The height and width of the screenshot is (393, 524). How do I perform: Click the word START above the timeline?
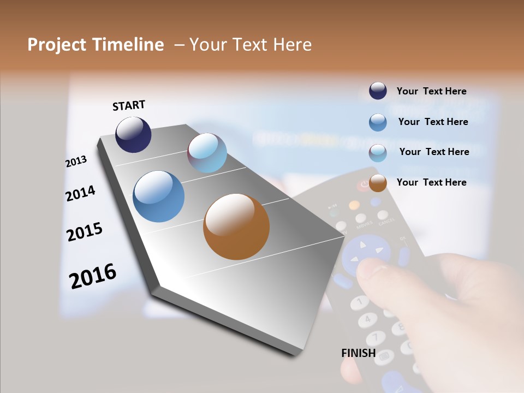click(129, 105)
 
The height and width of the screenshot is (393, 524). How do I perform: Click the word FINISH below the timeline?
click(358, 353)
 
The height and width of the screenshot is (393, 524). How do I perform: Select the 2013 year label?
click(76, 161)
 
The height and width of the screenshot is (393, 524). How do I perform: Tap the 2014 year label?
click(80, 193)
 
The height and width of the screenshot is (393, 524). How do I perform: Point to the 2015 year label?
click(84, 232)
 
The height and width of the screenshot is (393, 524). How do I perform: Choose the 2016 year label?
click(92, 276)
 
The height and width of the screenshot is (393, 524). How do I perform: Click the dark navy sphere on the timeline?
click(133, 134)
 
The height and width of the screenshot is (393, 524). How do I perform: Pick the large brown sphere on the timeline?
click(236, 226)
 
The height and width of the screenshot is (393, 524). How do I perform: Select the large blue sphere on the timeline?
click(159, 196)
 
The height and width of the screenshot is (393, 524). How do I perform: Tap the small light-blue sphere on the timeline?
click(207, 153)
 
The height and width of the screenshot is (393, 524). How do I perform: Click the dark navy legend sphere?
click(378, 91)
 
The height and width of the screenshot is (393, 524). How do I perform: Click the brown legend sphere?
click(378, 183)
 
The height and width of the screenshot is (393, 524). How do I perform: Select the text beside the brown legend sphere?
click(431, 182)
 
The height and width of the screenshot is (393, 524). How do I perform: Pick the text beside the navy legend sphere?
click(431, 91)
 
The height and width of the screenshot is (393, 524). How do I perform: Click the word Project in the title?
click(57, 45)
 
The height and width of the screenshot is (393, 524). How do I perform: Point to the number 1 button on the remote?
click(359, 301)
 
